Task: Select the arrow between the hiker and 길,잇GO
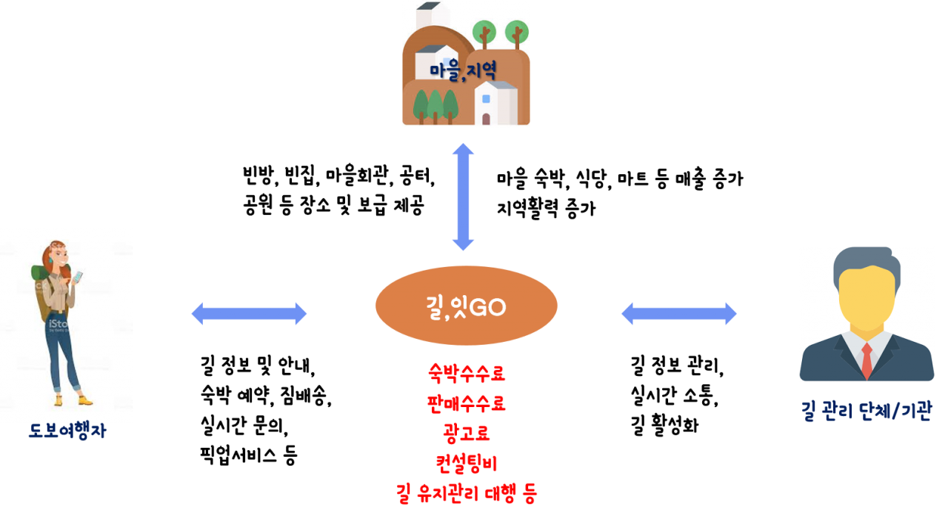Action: click(249, 314)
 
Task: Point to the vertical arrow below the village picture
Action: click(463, 196)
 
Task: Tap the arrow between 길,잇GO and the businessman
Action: click(678, 314)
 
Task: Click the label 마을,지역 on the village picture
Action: click(463, 70)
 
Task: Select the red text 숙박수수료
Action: click(467, 373)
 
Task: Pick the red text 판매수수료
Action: click(467, 403)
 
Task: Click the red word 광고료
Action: click(467, 433)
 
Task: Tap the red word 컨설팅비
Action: click(467, 463)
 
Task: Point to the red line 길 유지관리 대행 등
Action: click(467, 493)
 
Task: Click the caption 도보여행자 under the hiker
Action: click(67, 431)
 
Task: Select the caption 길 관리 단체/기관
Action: click(867, 410)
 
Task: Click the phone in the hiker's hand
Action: click(79, 276)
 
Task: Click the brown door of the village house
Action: click(486, 119)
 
